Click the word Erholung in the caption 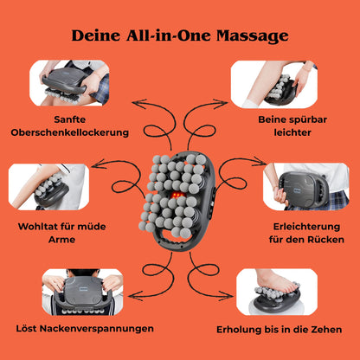pos(238,329)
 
